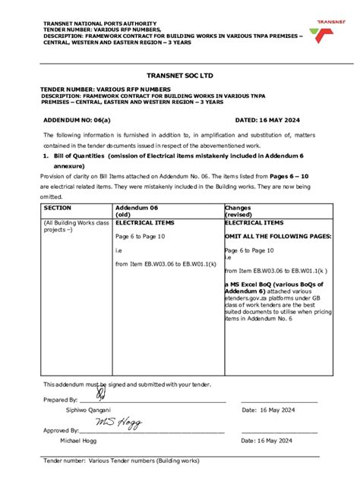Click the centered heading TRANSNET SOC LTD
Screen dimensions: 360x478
[179, 76]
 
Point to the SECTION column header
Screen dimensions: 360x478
[58, 206]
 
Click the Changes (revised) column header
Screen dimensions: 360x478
[243, 210]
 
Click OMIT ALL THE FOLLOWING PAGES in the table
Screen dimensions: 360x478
[278, 236]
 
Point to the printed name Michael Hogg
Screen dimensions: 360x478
[81, 440]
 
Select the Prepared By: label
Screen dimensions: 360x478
[60, 400]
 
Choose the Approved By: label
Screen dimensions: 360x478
[61, 430]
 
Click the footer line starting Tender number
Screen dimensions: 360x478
[122, 461]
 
